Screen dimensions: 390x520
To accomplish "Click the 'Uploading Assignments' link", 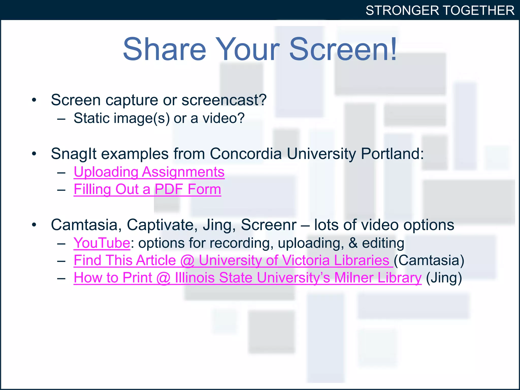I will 149,172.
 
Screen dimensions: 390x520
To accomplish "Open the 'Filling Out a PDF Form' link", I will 147,189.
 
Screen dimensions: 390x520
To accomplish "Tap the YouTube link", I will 102,243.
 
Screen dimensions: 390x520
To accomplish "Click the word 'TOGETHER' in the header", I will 479,11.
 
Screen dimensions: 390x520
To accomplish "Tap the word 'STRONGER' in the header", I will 402,11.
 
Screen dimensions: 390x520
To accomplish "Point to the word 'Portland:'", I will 392,154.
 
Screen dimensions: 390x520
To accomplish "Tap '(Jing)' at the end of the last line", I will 444,278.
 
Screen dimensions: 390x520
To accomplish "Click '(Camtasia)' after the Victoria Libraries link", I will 429,261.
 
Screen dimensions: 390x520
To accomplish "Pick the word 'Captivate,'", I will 162,225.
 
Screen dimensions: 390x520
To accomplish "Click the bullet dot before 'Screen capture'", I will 34,100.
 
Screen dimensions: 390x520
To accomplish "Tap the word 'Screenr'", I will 268,225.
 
